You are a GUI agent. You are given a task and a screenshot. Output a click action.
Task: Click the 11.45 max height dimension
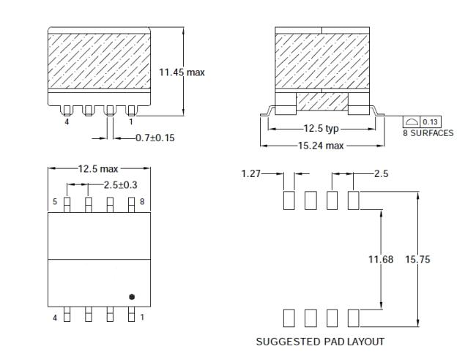pos(182,72)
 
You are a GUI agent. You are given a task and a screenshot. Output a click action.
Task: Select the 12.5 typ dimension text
pos(322,130)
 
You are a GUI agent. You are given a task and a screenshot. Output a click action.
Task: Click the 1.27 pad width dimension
pos(251,173)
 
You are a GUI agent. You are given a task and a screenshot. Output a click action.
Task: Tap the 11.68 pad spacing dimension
pos(381,259)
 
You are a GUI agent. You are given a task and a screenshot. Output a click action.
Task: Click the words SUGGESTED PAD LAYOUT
pos(319,342)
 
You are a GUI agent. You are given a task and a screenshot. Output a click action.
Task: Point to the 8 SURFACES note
pos(428,132)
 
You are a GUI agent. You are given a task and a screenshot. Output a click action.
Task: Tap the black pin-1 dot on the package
pos(131,296)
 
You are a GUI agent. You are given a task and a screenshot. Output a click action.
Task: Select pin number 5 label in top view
pos(54,200)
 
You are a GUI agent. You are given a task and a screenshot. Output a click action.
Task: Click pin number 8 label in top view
pos(143,200)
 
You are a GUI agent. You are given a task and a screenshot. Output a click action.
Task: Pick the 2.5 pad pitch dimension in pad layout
pos(381,173)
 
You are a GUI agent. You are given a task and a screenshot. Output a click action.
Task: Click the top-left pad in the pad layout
pos(289,200)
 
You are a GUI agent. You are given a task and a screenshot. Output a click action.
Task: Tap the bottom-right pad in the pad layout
pos(354,318)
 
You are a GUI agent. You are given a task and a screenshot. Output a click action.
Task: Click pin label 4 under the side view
pos(67,121)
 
